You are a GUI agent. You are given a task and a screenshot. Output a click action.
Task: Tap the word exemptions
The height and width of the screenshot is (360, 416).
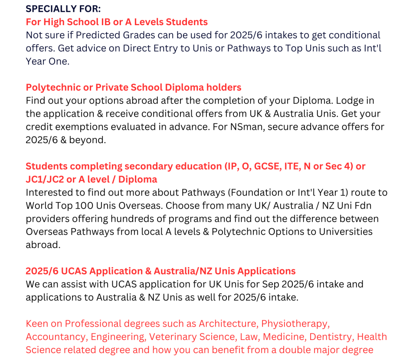[x=85, y=127]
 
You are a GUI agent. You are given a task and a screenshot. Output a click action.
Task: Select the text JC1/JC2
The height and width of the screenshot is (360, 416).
[x=45, y=179]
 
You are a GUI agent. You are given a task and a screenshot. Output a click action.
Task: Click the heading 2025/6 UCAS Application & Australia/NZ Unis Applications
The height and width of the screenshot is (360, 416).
[x=161, y=271]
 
